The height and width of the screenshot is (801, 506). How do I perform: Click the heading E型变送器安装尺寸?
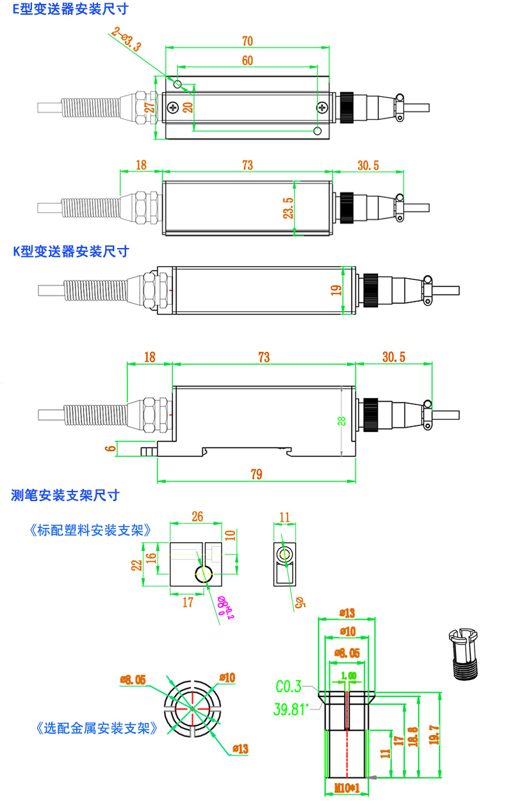pos(70,9)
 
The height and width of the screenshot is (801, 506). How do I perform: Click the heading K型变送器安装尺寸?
pos(71,251)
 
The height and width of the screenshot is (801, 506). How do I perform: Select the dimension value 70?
pos(247,41)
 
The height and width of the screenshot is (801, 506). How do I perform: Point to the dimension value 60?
pos(247,60)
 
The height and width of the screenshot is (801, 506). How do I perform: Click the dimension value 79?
pos(256,474)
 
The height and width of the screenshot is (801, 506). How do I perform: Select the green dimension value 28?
pos(341,421)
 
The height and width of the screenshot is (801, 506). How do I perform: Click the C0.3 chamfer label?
pos(288,687)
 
